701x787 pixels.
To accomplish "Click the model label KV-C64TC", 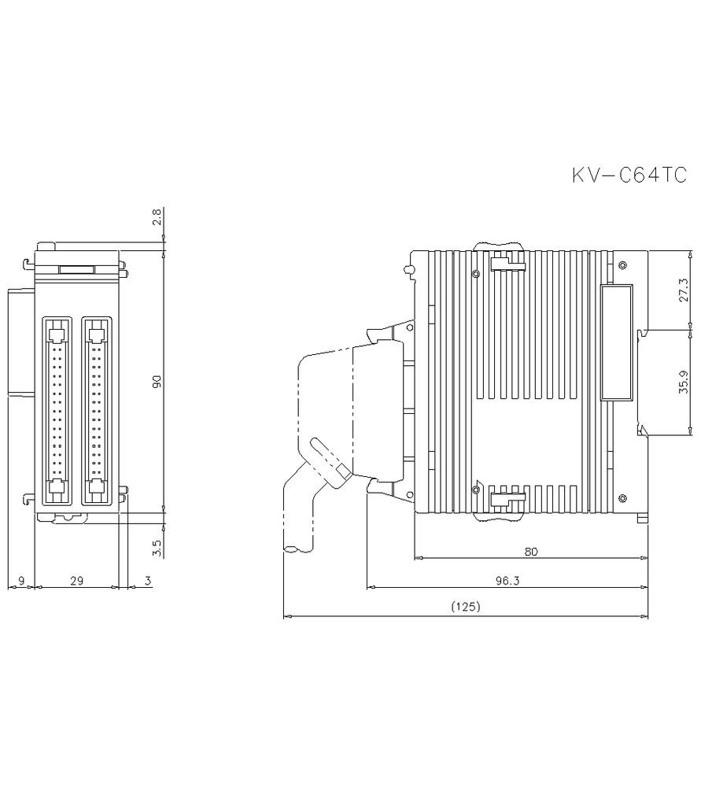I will pyautogui.click(x=629, y=176).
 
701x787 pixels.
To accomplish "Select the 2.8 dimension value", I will pyautogui.click(x=157, y=217).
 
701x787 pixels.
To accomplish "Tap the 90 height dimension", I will pyautogui.click(x=157, y=382).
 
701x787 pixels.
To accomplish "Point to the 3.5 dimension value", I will pyautogui.click(x=157, y=548).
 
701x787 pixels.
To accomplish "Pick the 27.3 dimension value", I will pyautogui.click(x=683, y=290).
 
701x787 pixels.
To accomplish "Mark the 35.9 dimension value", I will pyautogui.click(x=683, y=381).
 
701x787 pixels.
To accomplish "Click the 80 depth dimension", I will pyautogui.click(x=531, y=552).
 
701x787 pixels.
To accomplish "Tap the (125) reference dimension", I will pyautogui.click(x=466, y=607).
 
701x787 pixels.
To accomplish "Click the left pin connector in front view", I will pyautogui.click(x=55, y=411).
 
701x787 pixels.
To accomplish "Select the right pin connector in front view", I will pyautogui.click(x=96, y=411).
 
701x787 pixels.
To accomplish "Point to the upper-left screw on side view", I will pyautogui.click(x=476, y=274).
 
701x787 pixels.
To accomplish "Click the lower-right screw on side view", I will pyautogui.click(x=622, y=497).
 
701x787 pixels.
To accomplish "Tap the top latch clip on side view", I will pyautogui.click(x=508, y=262).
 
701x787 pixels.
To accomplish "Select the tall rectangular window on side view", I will pyautogui.click(x=616, y=342).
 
